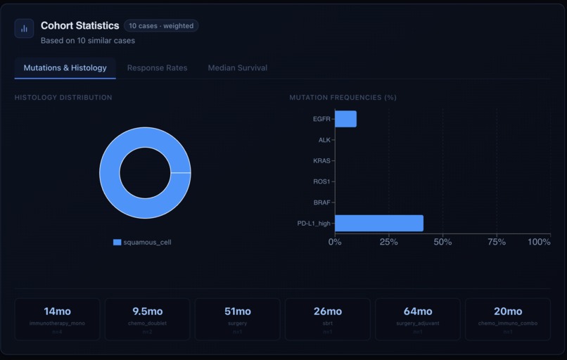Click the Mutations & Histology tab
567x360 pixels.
[65, 68]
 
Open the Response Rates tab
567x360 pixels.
[157, 68]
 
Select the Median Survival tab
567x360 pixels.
[237, 68]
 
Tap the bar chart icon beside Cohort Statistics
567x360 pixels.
[24, 29]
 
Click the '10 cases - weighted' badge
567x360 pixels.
[161, 26]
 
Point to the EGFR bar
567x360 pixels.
[345, 119]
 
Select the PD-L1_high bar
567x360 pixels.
[378, 223]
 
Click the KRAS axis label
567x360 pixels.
[321, 161]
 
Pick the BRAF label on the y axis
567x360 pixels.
[321, 202]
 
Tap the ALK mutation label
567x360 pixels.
[324, 140]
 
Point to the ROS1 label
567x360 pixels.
[321, 181]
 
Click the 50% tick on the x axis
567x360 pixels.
[442, 242]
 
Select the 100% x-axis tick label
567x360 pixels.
[539, 242]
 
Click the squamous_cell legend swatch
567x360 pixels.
[117, 243]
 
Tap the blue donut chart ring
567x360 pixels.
[110, 173]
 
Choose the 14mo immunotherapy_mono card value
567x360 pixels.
[57, 311]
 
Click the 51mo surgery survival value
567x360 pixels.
[237, 311]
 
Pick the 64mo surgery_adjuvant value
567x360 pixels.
[417, 311]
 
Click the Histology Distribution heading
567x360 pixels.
[63, 98]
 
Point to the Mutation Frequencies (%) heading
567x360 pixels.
[343, 98]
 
